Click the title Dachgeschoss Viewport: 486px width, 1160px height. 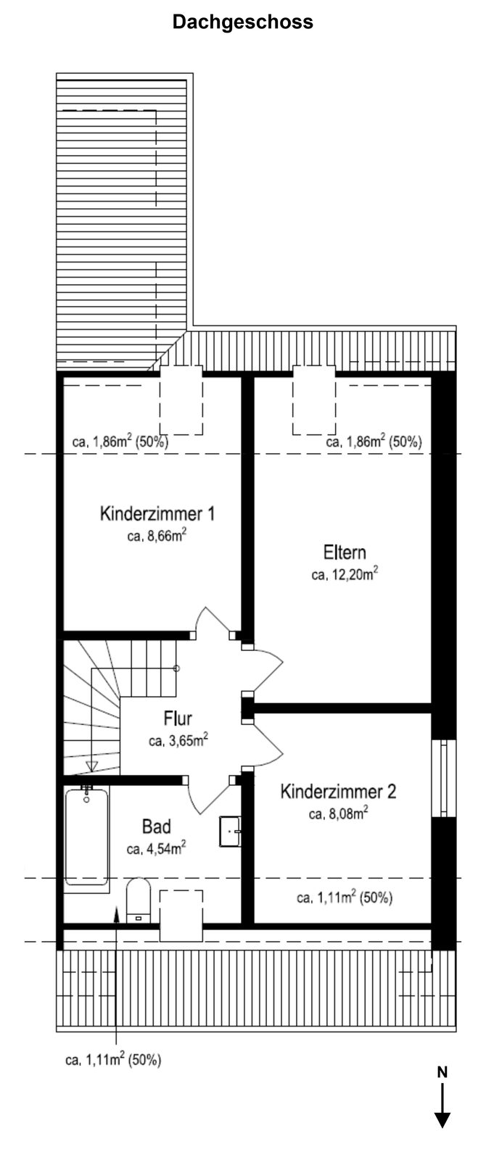tap(242, 22)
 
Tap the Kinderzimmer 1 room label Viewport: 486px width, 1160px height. tap(157, 514)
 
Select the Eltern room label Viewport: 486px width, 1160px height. tap(345, 552)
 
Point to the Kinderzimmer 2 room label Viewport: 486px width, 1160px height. tap(338, 791)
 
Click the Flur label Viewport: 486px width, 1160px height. tap(178, 718)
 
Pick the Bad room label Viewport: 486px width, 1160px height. tap(157, 826)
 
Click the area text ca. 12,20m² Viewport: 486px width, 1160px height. tap(345, 573)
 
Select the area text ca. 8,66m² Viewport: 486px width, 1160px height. tap(157, 536)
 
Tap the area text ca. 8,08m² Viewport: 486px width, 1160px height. tap(338, 813)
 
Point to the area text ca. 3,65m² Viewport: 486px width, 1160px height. tap(178, 740)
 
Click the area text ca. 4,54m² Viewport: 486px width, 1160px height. tap(157, 848)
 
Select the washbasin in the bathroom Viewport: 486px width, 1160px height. tap(230, 831)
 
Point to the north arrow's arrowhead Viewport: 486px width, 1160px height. tap(442, 1120)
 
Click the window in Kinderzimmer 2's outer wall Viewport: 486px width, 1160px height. tap(444, 779)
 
